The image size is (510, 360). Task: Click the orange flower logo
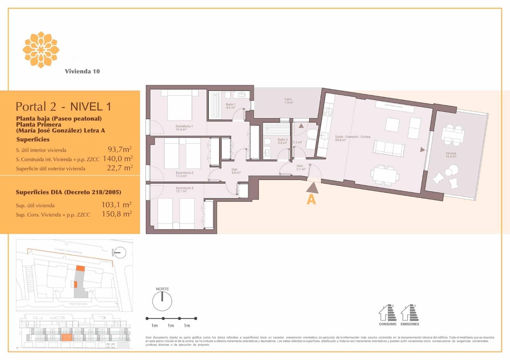coord(41,50)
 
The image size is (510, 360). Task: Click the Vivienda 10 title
coord(82,71)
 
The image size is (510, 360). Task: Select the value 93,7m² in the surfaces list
coord(120,149)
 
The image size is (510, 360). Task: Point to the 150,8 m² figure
coord(117,214)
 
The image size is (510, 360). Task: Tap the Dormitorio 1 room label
coord(184,128)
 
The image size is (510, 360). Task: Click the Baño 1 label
coord(230,106)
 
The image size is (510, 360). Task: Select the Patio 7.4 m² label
coord(288,101)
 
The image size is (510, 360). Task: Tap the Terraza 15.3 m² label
coord(450,155)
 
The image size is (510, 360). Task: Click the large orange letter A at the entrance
coord(311,200)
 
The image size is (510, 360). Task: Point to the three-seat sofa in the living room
coord(389,148)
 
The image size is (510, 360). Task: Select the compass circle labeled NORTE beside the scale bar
coord(162,301)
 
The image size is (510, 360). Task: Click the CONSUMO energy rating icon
coord(388,313)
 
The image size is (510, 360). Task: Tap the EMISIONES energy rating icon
coord(410,313)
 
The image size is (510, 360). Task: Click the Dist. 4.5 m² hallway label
coord(236,171)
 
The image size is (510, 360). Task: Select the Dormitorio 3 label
coord(184,190)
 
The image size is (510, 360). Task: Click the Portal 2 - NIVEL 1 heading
coord(63,106)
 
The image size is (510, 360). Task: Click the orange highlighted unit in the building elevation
coord(66,337)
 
